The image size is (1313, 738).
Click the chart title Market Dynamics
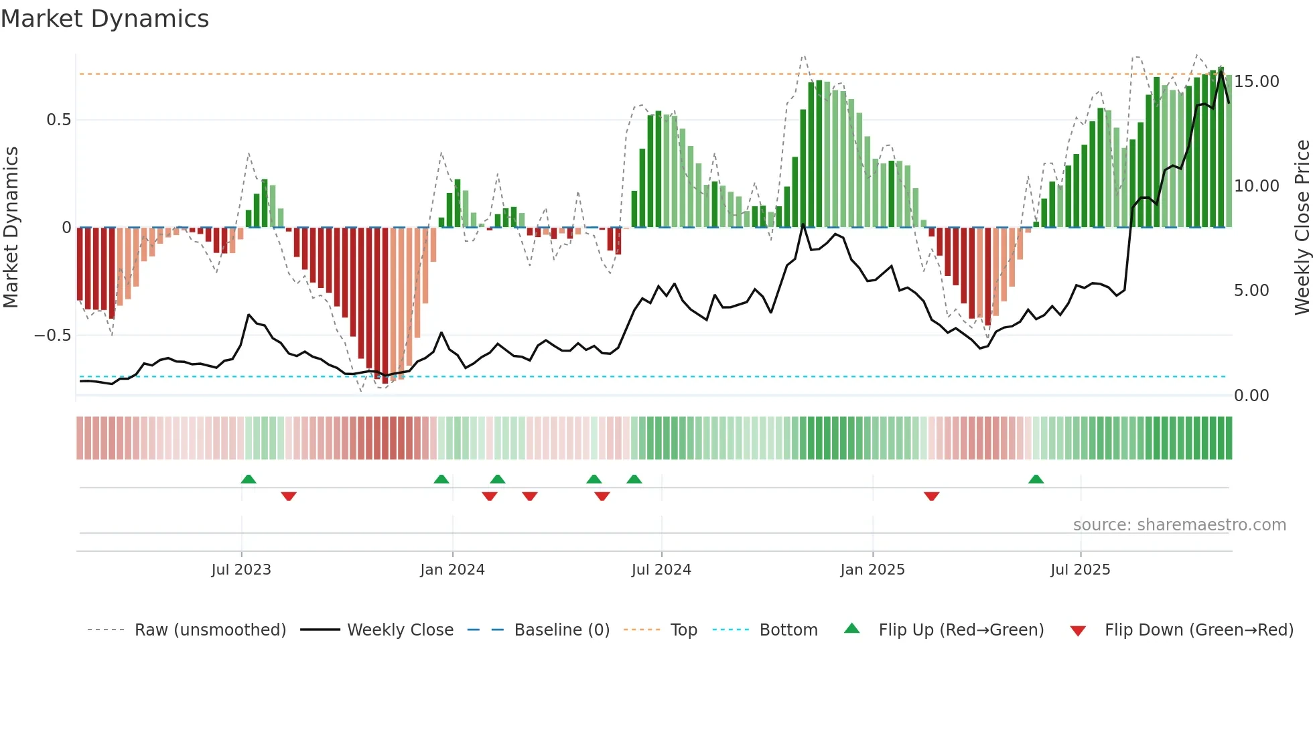105,19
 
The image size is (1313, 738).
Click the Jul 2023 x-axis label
241,570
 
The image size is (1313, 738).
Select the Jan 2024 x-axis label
452,570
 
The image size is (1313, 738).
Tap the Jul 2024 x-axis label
661,570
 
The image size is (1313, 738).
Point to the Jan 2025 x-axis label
872,570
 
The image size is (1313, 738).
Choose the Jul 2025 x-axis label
1080,570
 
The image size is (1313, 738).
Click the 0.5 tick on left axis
58,120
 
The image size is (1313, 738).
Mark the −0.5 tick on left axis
53,336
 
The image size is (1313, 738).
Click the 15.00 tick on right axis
1256,82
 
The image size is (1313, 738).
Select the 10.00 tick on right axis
1256,186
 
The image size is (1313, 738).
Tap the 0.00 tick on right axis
1251,396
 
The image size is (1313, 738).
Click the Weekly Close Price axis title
1302,227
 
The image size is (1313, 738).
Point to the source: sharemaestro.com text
1179,525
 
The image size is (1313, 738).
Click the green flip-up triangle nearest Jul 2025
1036,479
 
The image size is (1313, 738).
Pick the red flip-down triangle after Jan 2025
931,496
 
